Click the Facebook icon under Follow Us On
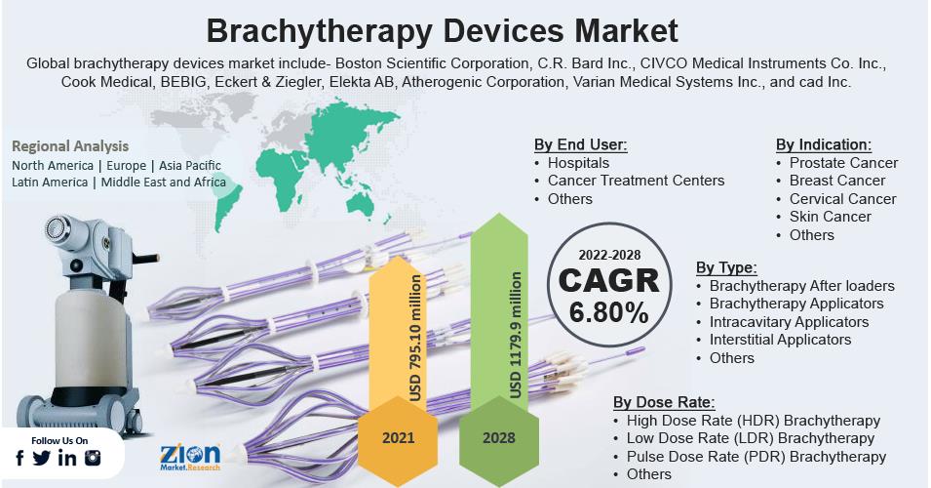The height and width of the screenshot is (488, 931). coord(19,459)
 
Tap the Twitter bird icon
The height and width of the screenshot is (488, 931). coord(42,458)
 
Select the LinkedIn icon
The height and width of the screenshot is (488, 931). coord(67,458)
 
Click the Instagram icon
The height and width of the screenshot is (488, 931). coord(93,458)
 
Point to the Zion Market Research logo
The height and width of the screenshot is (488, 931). coord(189,458)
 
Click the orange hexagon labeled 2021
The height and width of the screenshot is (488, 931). coord(398,438)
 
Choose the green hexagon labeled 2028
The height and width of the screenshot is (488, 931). coord(499,438)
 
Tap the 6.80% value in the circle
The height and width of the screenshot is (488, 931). coord(608,312)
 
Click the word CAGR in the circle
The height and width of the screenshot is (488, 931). coord(608,280)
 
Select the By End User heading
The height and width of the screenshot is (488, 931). coord(580,144)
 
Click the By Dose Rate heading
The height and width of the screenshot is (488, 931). coord(664,402)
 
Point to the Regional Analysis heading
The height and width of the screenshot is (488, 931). coord(70,146)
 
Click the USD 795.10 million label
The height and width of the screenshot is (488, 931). coord(415,337)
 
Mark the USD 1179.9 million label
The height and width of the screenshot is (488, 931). coord(516,335)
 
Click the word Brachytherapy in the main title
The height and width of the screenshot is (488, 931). coord(319,31)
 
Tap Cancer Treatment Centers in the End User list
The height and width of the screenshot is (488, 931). coord(636,181)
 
